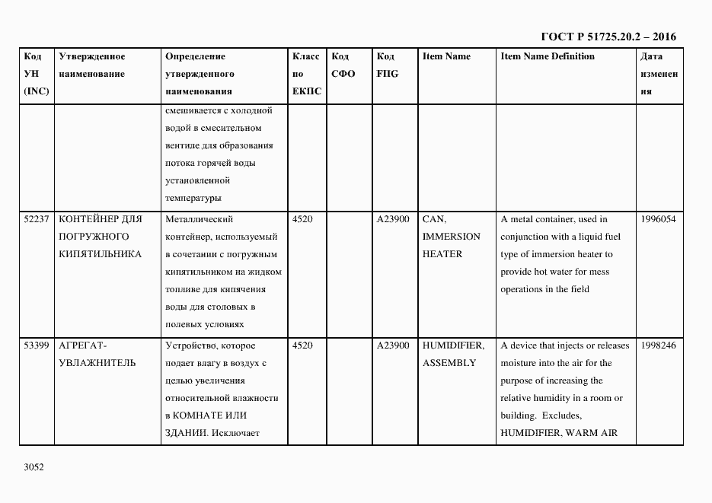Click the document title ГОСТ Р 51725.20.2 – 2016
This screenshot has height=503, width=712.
coord(608,37)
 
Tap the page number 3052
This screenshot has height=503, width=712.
coord(34,466)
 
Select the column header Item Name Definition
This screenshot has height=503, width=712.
coord(548,57)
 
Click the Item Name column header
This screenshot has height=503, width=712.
coord(446,57)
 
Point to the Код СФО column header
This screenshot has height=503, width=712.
coord(343,65)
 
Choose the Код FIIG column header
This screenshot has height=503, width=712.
coord(387,65)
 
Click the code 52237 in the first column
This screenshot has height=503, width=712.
coord(37,219)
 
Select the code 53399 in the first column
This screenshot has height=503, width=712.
coord(37,345)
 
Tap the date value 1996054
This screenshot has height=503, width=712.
coord(658,219)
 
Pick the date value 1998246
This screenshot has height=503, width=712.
coord(658,345)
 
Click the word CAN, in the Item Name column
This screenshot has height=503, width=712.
coord(433,219)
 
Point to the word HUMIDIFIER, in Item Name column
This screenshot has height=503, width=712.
coord(453,345)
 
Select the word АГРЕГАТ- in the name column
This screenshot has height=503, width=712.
coord(84,345)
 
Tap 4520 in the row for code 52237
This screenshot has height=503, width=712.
coord(302,219)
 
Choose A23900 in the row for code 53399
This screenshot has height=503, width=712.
coord(393,345)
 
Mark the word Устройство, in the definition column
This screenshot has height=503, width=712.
coord(194,345)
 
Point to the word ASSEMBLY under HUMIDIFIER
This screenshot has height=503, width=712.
coord(449,363)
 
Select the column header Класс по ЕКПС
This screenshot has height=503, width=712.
coord(307,75)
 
